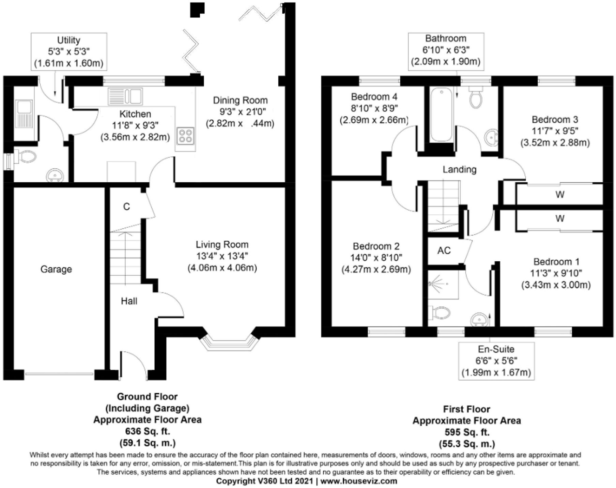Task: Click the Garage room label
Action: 56,269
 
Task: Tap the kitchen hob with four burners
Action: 186,135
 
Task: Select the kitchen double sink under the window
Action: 125,96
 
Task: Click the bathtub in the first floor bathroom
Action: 441,115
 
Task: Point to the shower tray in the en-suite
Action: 443,284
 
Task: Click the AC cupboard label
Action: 444,250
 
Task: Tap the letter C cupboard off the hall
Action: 126,207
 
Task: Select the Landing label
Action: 459,169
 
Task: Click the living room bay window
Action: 228,342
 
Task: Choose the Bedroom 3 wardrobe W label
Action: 560,195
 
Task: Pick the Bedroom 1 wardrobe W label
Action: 560,218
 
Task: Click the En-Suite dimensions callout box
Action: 496,361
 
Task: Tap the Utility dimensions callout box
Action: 69,51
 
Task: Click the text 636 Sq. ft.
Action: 147,431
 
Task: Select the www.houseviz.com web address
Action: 359,481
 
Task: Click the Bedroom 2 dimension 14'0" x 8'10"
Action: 376,258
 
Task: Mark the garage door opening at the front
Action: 59,374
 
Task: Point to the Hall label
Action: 129,301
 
